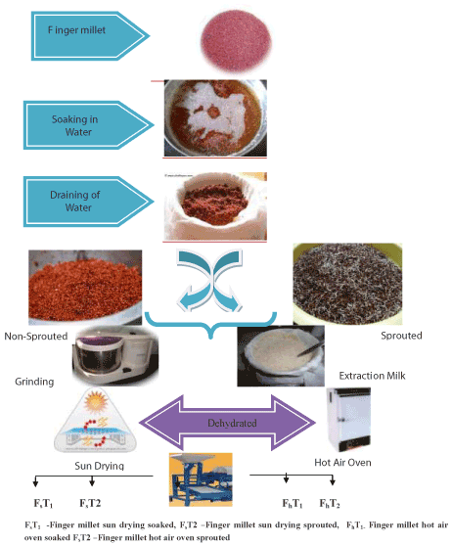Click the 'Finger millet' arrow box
coord(90,36)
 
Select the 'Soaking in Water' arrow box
coord(88,125)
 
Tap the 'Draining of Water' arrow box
coord(88,202)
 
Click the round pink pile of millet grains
coord(237,41)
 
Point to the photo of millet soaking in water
coord(215,118)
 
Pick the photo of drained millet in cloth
coord(215,206)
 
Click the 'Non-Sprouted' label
coord(36,337)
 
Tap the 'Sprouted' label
coord(401,336)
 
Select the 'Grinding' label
coord(34,382)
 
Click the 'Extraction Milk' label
coord(372,376)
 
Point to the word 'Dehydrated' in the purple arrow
coord(232,423)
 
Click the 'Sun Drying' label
coord(100,466)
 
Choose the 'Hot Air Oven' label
coord(342,463)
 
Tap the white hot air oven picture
coord(348,420)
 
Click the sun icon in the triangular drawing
coord(96,401)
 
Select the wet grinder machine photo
coord(115,356)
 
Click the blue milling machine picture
coord(201,479)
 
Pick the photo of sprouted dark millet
coord(347,284)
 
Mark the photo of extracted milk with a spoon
coord(281,356)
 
